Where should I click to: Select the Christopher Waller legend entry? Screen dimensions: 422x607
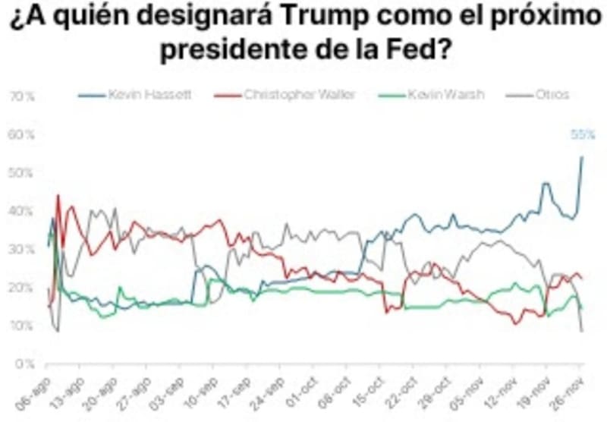[x=298, y=95]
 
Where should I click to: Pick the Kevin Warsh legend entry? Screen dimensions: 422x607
[x=445, y=95]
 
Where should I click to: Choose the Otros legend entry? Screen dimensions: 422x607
[x=552, y=95]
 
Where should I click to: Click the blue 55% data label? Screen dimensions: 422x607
[x=582, y=135]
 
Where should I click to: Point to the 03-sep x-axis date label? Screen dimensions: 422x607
[x=171, y=389]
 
